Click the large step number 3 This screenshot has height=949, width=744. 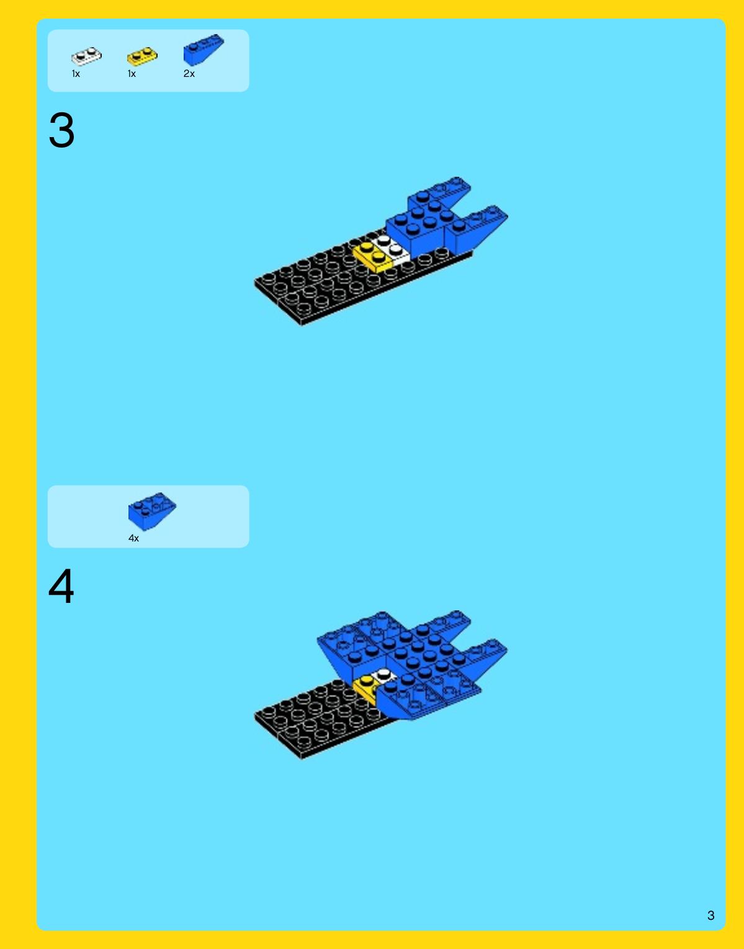61,130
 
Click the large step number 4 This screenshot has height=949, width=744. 61,586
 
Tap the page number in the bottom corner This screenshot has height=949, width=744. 710,916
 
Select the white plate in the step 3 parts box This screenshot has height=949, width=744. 86,56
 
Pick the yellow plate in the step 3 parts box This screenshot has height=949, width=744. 143,56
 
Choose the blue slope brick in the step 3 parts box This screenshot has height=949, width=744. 204,50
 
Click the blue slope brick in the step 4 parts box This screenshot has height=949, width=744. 152,511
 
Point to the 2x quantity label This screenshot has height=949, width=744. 189,74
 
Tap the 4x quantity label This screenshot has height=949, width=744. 133,538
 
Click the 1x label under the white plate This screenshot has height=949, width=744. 76,74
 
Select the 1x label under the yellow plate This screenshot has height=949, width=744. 132,74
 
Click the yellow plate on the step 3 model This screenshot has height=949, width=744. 373,257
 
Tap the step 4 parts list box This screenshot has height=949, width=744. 148,516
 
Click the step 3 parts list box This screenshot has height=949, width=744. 148,61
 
